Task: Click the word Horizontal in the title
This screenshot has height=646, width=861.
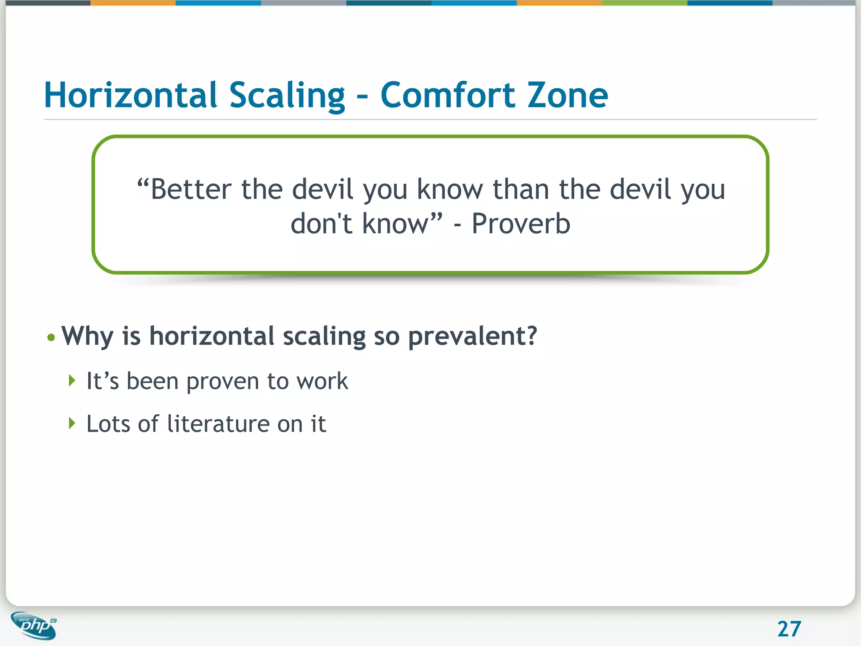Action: pyautogui.click(x=130, y=95)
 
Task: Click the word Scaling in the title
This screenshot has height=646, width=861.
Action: pyautogui.click(x=287, y=95)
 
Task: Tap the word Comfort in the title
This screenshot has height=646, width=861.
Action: pyautogui.click(x=448, y=95)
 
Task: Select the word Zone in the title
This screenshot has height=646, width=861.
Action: pyautogui.click(x=568, y=95)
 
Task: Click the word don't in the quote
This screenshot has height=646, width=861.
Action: pyautogui.click(x=322, y=224)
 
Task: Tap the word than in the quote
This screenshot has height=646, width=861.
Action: pyautogui.click(x=521, y=189)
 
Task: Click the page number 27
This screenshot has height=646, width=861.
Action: pyautogui.click(x=789, y=629)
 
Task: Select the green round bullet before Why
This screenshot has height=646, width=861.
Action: pyautogui.click(x=51, y=337)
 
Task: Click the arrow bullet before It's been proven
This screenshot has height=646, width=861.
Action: pyautogui.click(x=72, y=381)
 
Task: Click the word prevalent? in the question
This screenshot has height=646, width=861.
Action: pyautogui.click(x=473, y=337)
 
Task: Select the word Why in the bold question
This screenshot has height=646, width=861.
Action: pyautogui.click(x=87, y=337)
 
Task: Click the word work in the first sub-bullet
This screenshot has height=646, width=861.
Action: pyautogui.click(x=322, y=381)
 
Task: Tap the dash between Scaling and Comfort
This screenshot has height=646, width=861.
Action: pyautogui.click(x=362, y=98)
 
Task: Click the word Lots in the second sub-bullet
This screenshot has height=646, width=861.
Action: pyautogui.click(x=108, y=424)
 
